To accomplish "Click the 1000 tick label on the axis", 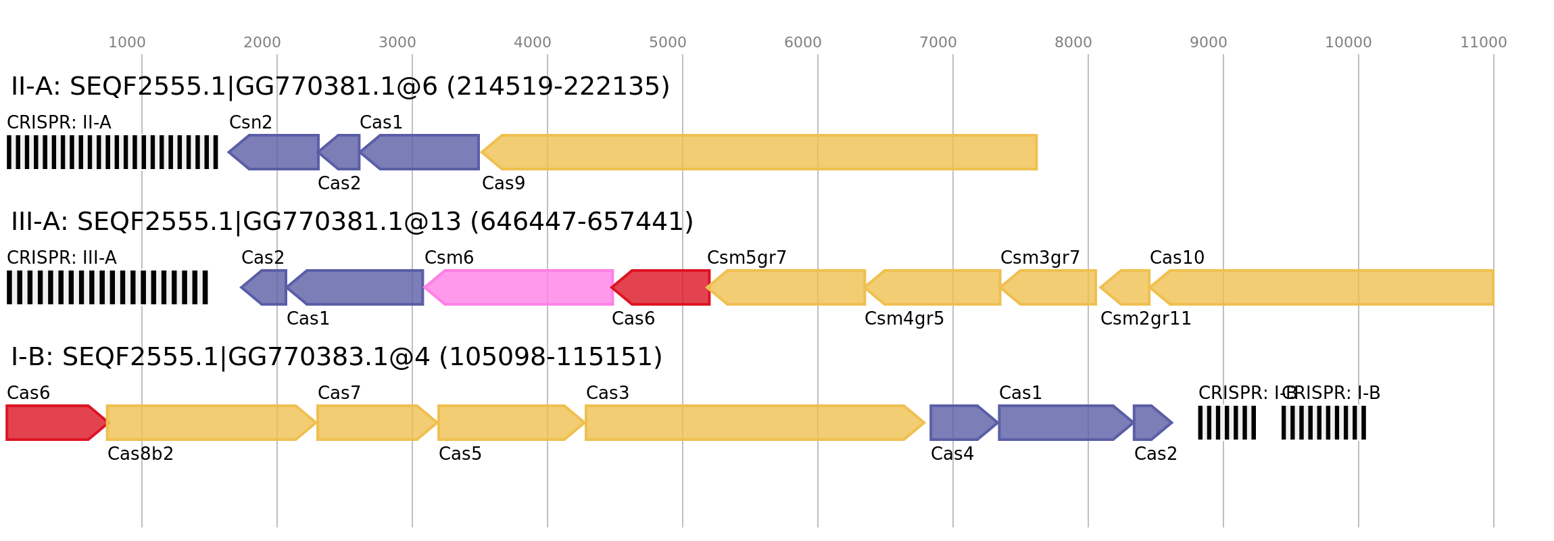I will tap(127, 43).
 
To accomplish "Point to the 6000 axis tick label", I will tap(802, 43).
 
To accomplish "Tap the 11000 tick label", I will tap(1483, 43).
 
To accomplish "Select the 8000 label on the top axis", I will tap(1073, 43).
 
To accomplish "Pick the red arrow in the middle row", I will tap(662, 287).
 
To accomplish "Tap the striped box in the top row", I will tap(112, 152).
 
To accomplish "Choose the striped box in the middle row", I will tap(107, 287).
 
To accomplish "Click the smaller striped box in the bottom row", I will tap(1226, 423).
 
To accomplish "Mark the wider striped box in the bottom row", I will tap(1324, 423).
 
